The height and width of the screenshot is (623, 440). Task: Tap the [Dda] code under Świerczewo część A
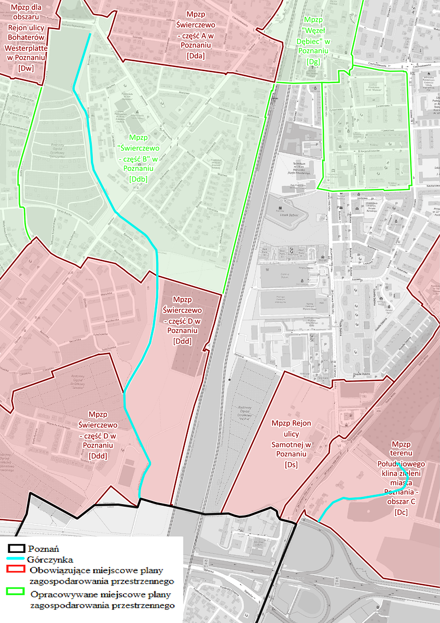pyautogui.click(x=196, y=56)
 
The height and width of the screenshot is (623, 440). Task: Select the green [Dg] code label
pyautogui.click(x=314, y=61)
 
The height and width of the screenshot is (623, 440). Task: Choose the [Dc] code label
pyautogui.click(x=401, y=512)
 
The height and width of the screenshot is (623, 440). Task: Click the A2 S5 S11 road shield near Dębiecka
pyautogui.click(x=206, y=563)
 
